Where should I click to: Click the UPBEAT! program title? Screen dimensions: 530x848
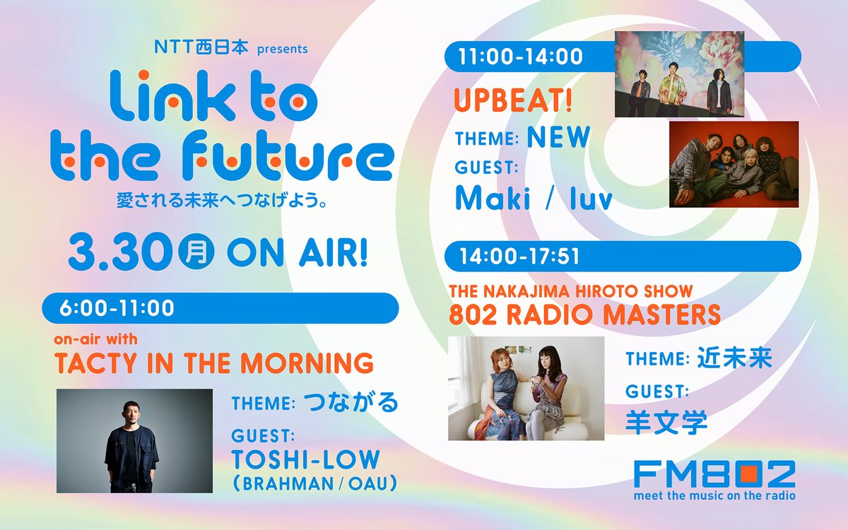(x=512, y=101)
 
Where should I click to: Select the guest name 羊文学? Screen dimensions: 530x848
(x=666, y=422)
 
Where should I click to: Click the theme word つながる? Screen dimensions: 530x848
(x=351, y=403)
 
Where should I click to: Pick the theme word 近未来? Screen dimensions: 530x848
(x=732, y=359)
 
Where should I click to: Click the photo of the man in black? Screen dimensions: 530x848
(x=134, y=440)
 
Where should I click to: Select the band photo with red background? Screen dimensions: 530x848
(x=734, y=164)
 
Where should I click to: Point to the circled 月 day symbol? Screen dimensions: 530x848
(x=197, y=253)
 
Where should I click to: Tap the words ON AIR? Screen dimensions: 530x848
(x=298, y=253)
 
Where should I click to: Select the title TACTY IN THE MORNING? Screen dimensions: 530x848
(x=213, y=363)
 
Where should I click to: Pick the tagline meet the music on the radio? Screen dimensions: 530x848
(x=714, y=495)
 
